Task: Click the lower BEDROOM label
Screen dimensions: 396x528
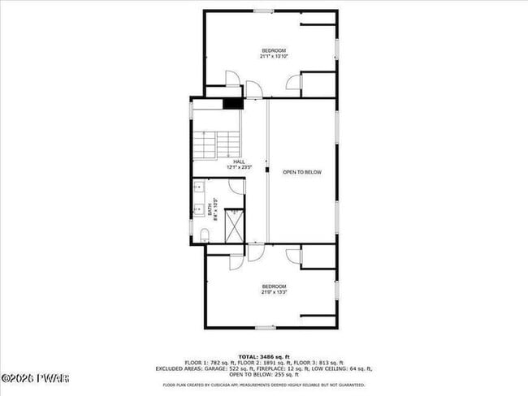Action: click(274, 286)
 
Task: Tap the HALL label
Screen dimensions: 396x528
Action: click(239, 161)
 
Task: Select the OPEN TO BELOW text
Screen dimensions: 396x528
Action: click(301, 172)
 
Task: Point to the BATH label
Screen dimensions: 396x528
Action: click(209, 209)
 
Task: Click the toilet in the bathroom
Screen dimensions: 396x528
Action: click(205, 235)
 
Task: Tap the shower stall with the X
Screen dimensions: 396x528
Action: click(234, 226)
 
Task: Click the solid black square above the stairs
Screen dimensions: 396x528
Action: click(233, 103)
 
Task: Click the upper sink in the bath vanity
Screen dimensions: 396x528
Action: click(198, 187)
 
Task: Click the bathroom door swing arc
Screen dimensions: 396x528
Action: click(236, 186)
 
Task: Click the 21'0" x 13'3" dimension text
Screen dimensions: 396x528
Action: click(274, 292)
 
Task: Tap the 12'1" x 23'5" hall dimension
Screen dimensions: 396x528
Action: click(239, 168)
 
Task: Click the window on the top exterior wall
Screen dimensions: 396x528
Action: click(263, 11)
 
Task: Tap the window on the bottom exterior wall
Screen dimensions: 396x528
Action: click(265, 328)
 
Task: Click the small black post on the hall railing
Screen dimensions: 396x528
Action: click(266, 170)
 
